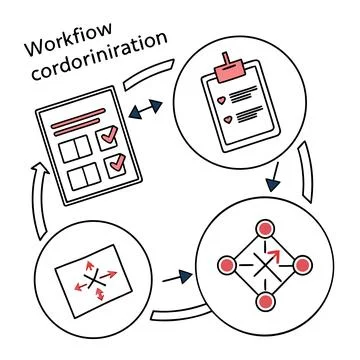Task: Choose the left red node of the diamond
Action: tap(228, 267)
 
